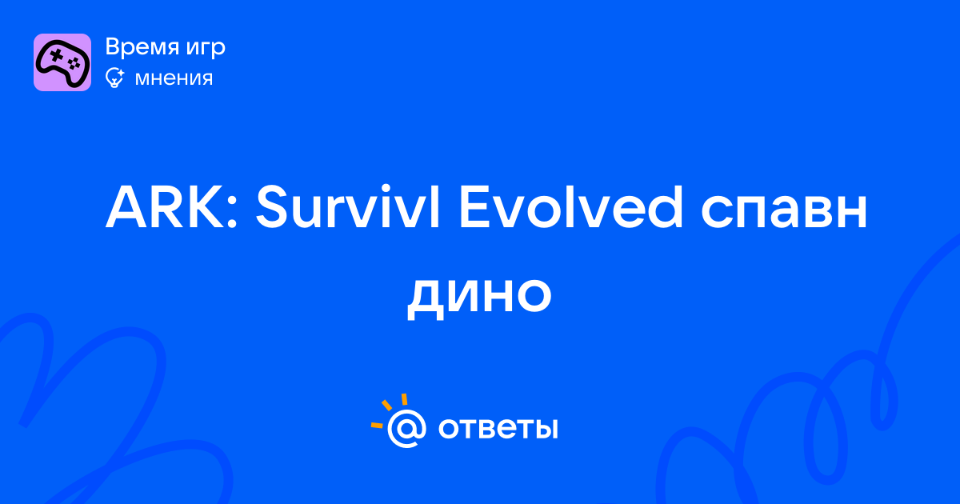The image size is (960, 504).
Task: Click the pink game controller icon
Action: (62, 62)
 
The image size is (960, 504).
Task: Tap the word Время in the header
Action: (142, 46)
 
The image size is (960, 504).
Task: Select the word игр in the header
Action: (206, 49)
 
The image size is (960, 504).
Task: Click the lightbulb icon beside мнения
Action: (114, 78)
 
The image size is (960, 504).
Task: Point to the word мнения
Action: (174, 79)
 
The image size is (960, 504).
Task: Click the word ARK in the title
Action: (165, 207)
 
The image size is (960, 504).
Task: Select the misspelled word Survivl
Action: (347, 206)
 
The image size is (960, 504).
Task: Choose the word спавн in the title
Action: (784, 213)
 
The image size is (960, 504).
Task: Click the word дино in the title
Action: (479, 296)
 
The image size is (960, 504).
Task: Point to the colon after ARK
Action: (231, 213)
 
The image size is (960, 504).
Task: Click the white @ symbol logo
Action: (406, 428)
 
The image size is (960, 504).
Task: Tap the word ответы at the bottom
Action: (498, 428)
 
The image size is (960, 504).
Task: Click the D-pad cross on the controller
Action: (56, 55)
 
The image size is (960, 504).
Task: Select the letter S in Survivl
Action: (271, 207)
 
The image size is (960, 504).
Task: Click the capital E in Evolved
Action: (474, 207)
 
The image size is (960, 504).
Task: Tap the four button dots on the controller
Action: (74, 63)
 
